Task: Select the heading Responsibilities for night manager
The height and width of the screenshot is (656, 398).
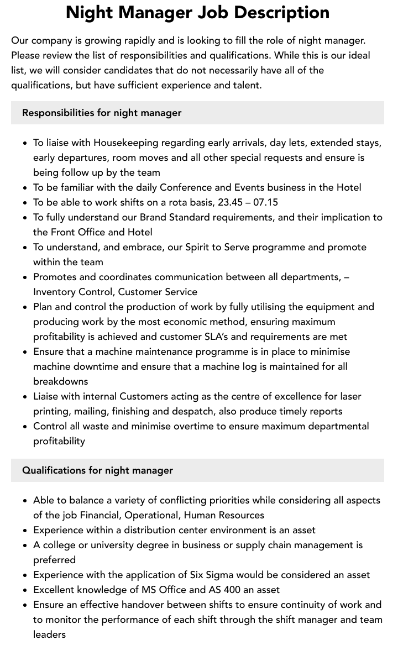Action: [102, 113]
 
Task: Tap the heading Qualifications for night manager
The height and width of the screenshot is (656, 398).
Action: [97, 470]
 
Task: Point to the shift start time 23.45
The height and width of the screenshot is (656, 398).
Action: [229, 202]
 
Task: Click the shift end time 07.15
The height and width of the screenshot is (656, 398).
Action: [266, 202]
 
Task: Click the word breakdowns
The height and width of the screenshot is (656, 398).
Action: [61, 381]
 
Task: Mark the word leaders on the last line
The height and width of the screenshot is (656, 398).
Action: [50, 634]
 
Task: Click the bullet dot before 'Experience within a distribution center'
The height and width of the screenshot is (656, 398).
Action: [25, 531]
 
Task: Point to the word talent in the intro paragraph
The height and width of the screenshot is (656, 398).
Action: [246, 85]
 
